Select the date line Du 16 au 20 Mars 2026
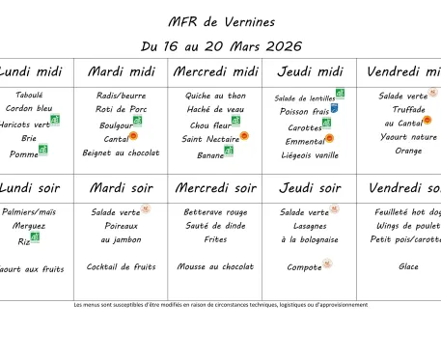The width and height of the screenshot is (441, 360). click(x=221, y=45)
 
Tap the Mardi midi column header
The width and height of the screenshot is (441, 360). click(x=122, y=71)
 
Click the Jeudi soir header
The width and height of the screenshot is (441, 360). click(x=310, y=188)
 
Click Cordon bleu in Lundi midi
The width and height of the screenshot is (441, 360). click(x=30, y=109)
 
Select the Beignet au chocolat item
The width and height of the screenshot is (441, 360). click(x=122, y=152)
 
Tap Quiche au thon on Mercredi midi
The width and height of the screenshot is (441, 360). click(x=216, y=96)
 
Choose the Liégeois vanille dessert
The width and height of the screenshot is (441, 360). click(x=310, y=154)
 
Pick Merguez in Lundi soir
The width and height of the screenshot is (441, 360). click(x=30, y=225)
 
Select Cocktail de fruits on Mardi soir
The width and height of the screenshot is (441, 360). click(x=122, y=266)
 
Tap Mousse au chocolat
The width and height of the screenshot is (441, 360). click(x=216, y=266)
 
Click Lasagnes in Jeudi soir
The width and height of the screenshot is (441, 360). click(x=310, y=225)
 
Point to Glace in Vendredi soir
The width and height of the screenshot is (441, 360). click(x=408, y=266)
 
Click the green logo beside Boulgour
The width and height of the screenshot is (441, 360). click(x=138, y=123)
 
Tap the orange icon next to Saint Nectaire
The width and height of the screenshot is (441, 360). click(x=244, y=136)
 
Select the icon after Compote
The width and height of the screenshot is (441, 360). click(x=328, y=263)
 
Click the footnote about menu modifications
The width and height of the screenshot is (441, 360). click(x=221, y=304)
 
